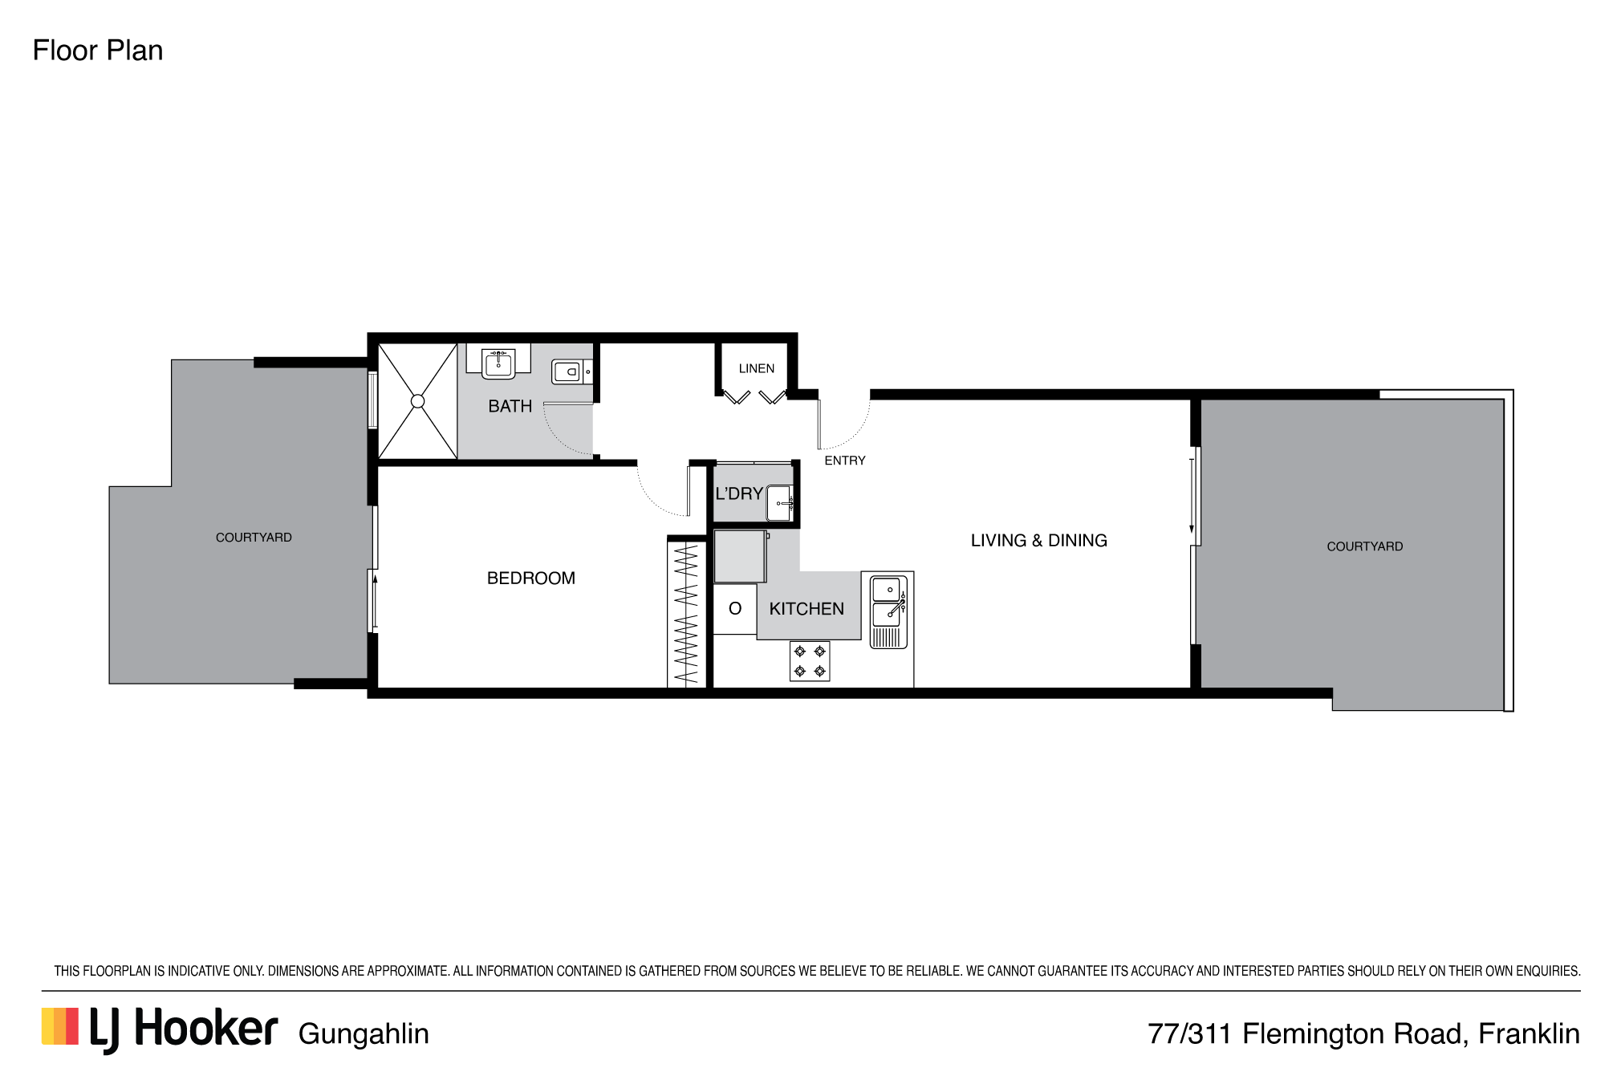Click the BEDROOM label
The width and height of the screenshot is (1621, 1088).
click(531, 578)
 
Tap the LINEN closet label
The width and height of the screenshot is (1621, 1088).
click(757, 368)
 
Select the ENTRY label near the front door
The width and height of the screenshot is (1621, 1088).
click(845, 461)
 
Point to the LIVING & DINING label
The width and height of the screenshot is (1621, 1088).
click(1039, 541)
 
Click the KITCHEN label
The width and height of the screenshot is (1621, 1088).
click(806, 609)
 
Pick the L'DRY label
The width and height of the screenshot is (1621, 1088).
click(739, 493)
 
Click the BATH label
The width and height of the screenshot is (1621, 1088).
click(510, 406)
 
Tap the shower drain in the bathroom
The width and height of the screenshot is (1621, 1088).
click(417, 401)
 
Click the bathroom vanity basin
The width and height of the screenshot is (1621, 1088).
click(498, 363)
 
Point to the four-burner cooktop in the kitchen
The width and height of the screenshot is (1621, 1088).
click(810, 661)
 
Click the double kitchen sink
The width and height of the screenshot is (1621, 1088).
click(888, 611)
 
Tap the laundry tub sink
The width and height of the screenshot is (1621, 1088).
click(780, 503)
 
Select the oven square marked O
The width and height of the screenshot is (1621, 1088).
click(735, 609)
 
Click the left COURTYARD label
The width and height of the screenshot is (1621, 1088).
click(254, 538)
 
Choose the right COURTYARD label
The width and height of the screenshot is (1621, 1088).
click(1365, 546)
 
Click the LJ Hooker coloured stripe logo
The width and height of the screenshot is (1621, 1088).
click(60, 1027)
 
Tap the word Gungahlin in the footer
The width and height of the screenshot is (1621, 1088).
click(364, 1034)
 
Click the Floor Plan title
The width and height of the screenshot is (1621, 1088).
click(98, 51)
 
